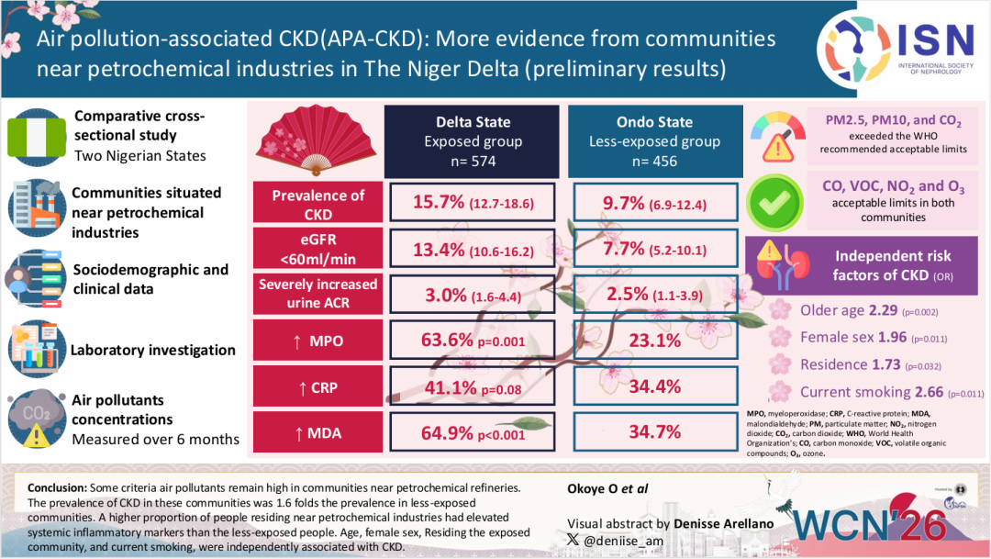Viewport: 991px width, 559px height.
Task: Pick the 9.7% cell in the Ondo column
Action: click(x=653, y=204)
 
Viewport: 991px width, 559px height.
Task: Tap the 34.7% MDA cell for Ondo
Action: click(x=653, y=431)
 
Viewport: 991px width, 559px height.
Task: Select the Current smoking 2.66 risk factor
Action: click(x=881, y=392)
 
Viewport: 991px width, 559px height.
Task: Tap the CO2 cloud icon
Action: click(x=36, y=417)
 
